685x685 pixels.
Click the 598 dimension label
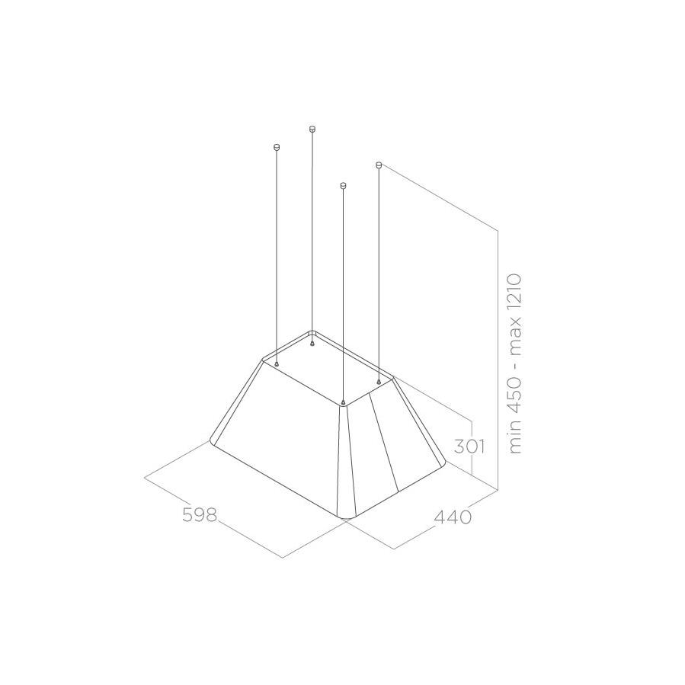(x=200, y=514)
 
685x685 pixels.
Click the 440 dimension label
(x=453, y=517)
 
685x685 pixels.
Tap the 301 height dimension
(x=469, y=447)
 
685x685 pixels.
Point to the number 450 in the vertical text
(x=516, y=392)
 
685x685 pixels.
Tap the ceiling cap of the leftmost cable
(x=276, y=146)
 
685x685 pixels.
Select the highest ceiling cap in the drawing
(x=312, y=129)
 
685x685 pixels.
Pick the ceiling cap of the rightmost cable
(x=379, y=165)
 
